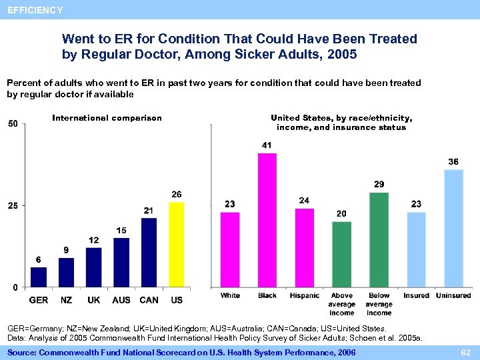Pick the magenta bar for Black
[x=267, y=220]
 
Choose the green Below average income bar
[x=379, y=239]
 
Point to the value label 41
[x=267, y=145]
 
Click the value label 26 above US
[x=177, y=195]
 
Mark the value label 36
[x=453, y=162]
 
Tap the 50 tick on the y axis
[x=13, y=123]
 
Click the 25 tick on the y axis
[x=13, y=205]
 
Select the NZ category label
[x=66, y=300]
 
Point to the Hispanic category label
[x=305, y=295]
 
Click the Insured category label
[x=416, y=295]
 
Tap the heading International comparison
[x=107, y=118]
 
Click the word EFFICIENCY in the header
[x=35, y=10]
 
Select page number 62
[x=466, y=351]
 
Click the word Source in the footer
[x=22, y=351]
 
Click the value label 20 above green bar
[x=341, y=213]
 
